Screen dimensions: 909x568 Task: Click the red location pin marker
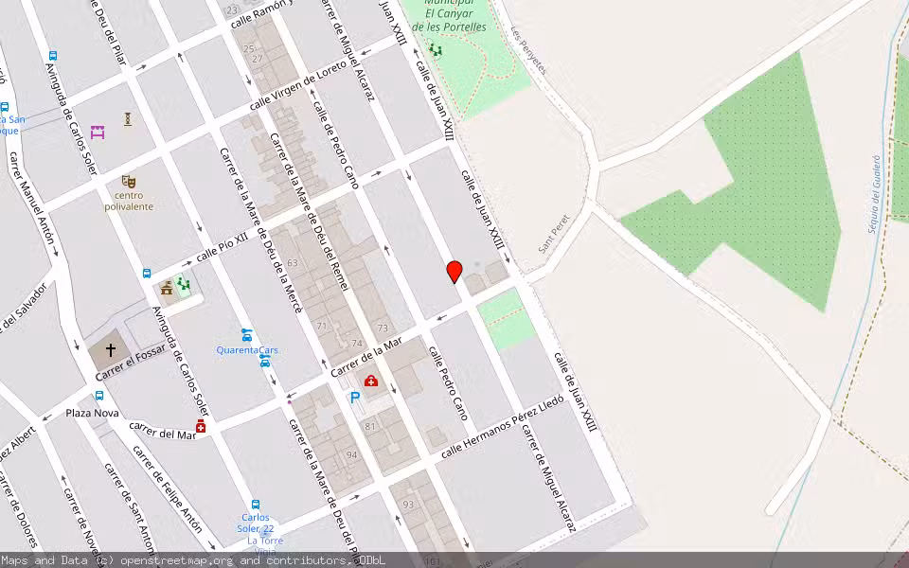(454, 272)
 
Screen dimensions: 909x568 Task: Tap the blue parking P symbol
(355, 399)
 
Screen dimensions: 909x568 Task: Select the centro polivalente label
(129, 201)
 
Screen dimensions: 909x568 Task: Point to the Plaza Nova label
(92, 414)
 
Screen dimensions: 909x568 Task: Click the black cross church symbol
(111, 350)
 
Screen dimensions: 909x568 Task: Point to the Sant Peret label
(552, 232)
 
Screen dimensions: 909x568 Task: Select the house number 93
(409, 505)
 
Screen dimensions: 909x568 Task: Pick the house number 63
(293, 263)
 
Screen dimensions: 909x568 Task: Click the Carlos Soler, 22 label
(255, 523)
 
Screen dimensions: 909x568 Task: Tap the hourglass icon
(128, 119)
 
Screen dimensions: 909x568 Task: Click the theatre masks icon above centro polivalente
(129, 181)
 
